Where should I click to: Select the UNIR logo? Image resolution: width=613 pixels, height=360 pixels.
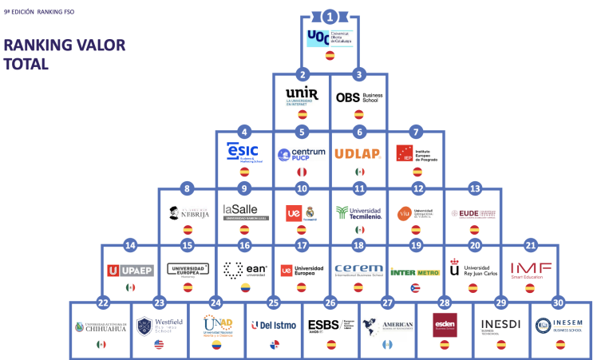[x=302, y=97]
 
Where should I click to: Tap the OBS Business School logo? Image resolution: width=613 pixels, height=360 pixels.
[x=359, y=97]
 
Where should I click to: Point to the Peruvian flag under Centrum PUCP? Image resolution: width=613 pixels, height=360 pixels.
[x=302, y=172]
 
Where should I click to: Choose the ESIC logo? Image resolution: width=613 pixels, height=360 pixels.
[x=244, y=152]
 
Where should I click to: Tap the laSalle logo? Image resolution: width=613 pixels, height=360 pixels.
[x=244, y=212]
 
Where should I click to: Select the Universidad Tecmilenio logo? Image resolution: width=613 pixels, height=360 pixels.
[x=359, y=212]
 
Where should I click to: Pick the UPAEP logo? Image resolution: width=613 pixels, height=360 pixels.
[x=130, y=270]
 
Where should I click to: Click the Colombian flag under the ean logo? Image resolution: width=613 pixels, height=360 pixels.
[x=244, y=287]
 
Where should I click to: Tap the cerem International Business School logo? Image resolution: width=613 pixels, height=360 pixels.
[x=359, y=270]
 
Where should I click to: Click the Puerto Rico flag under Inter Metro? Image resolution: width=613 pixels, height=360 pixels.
[x=415, y=287]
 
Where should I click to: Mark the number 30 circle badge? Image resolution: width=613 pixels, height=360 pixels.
[x=558, y=303]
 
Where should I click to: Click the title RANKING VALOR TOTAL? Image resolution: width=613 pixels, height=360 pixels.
[x=64, y=54]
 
